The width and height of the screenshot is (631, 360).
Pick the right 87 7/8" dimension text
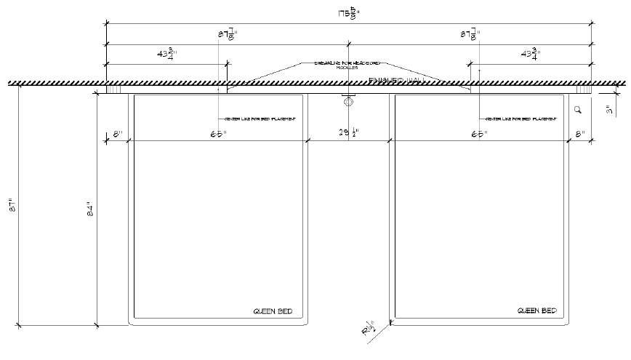471,34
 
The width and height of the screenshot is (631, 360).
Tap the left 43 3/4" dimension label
167,55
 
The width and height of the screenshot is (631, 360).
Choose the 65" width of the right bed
479,134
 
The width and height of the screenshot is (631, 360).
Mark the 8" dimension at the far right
579,134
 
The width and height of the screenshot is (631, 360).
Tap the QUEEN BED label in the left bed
273,311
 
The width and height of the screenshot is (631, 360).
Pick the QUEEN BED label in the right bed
536,311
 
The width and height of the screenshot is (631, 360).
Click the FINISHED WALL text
397,79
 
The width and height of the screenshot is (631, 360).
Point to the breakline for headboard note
347,65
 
